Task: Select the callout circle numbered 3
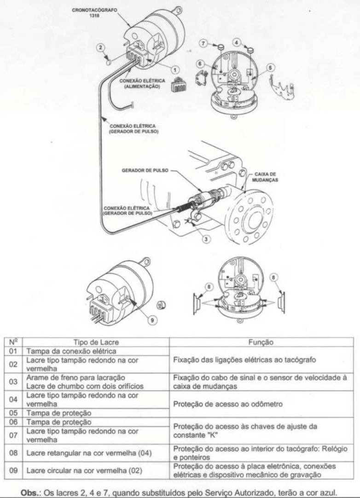tap(207, 239)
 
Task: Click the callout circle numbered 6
tap(200, 64)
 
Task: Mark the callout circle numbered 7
tap(204, 42)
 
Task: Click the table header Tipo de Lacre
tap(96, 342)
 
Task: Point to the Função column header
tap(261, 342)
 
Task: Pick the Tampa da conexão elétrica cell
tap(71, 351)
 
